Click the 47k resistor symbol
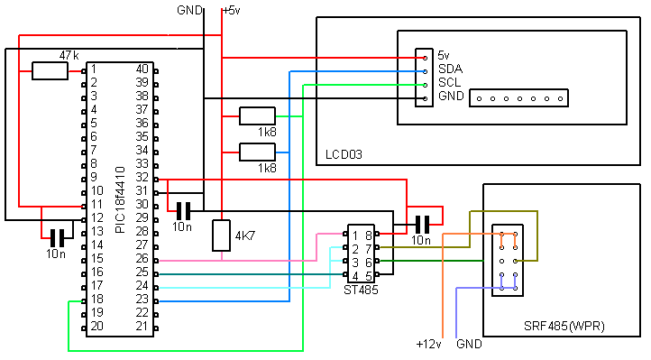50,70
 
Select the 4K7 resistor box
222,235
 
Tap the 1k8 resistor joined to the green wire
256,115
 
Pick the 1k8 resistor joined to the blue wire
256,152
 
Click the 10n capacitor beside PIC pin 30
183,211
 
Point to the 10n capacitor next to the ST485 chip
420,224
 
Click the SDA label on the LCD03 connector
449,69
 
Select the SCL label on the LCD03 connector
449,82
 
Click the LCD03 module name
344,155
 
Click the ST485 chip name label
362,290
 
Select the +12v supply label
429,345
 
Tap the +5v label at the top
231,10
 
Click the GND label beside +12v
470,345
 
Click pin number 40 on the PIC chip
142,69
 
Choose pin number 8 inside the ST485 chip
367,235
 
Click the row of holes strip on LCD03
520,97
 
